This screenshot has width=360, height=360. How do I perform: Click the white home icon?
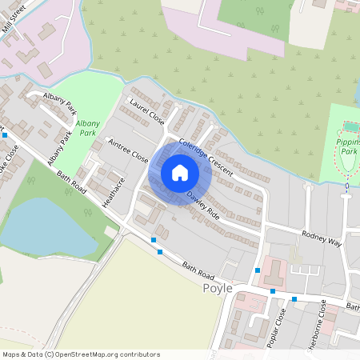click(180, 173)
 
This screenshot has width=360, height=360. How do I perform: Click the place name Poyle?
click(218, 288)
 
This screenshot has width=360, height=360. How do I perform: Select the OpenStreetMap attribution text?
click(80, 354)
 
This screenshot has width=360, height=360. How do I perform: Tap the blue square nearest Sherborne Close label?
click(294, 299)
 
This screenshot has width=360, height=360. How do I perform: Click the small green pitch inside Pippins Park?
click(350, 127)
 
